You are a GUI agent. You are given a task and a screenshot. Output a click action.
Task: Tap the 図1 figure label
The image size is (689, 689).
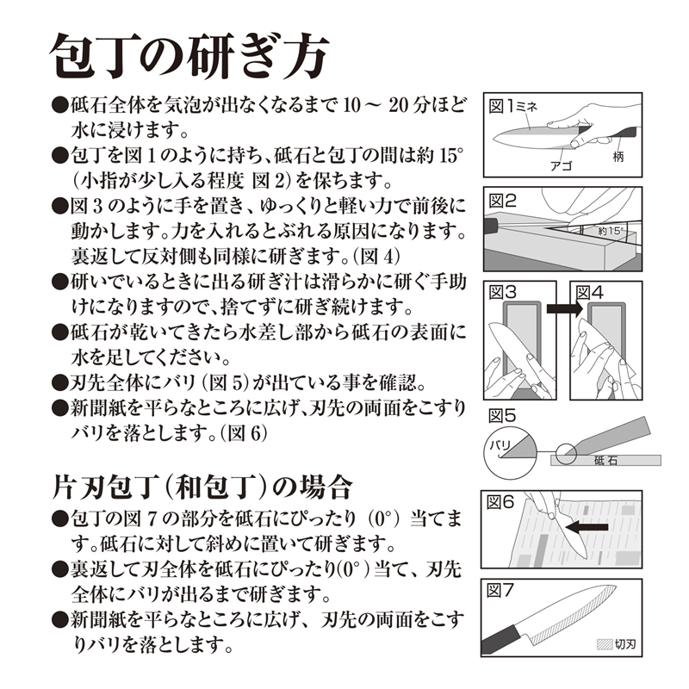pyautogui.click(x=501, y=106)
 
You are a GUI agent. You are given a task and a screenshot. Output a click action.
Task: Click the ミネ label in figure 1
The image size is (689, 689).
pyautogui.click(x=527, y=106)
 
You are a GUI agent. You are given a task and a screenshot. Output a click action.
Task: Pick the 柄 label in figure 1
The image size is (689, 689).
pyautogui.click(x=618, y=158)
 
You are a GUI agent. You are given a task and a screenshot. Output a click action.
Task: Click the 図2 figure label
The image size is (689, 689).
pyautogui.click(x=502, y=202)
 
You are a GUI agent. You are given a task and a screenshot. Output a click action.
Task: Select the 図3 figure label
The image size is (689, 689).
pyautogui.click(x=502, y=293)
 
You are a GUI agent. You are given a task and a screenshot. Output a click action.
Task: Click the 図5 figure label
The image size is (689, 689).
pyautogui.click(x=502, y=415)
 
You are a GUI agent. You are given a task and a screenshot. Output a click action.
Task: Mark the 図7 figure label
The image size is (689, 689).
pyautogui.click(x=502, y=590)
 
